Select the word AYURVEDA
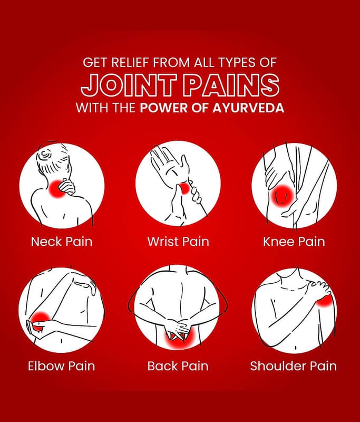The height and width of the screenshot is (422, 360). (x=248, y=108)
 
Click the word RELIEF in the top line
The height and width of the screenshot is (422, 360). (x=130, y=62)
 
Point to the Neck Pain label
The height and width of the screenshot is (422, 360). (x=62, y=242)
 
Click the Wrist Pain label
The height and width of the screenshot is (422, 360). (x=178, y=242)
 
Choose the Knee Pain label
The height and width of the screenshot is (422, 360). (x=294, y=242)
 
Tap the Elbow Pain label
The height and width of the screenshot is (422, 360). (x=61, y=366)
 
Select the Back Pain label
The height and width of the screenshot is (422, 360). (x=178, y=366)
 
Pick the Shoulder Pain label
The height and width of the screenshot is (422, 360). (x=293, y=366)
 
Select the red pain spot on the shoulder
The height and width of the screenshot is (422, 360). (x=326, y=301)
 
